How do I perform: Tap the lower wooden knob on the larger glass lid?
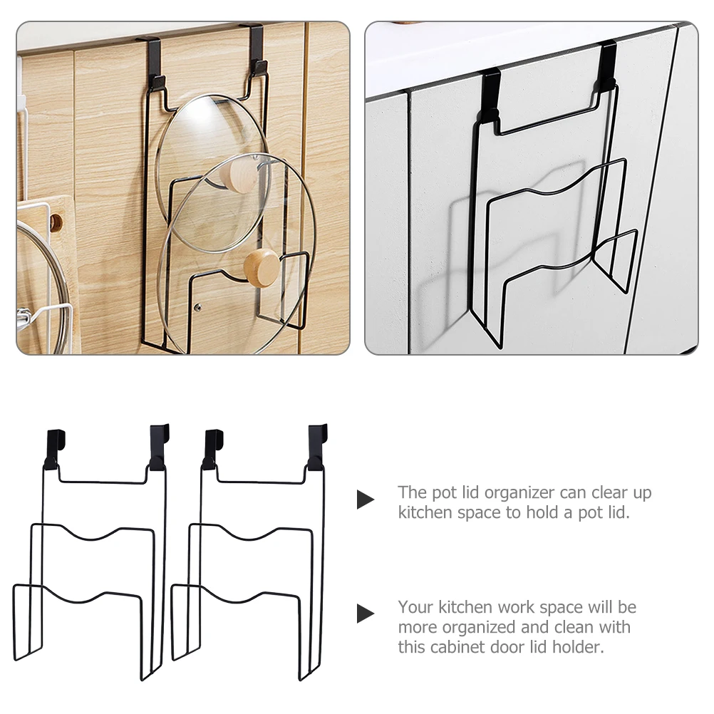click(x=261, y=266)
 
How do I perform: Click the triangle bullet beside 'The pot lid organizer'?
click(x=365, y=500)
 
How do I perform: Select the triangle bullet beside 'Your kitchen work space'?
click(x=365, y=613)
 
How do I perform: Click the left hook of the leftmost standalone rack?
click(x=54, y=445)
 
